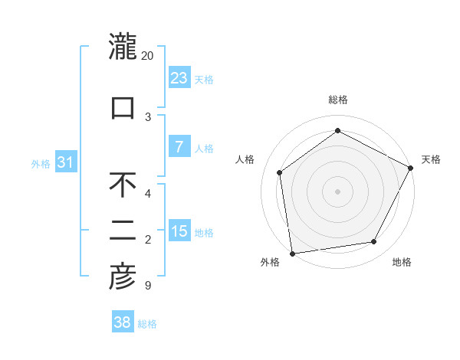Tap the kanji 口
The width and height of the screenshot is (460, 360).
123,107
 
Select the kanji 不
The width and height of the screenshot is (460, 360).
123,185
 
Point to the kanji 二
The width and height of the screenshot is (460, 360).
123,231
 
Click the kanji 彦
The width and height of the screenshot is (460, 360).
123,277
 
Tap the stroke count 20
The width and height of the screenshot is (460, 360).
148,56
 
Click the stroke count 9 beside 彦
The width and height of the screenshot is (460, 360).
147,286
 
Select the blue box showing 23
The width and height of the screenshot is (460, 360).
179,77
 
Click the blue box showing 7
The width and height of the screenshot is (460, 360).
179,147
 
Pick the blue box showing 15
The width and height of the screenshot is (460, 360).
179,231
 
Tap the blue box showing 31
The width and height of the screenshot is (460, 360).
66,162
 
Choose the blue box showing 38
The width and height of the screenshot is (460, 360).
123,322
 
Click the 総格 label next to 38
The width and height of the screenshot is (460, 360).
147,324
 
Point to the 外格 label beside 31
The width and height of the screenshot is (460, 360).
41,163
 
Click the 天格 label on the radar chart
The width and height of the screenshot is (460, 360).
431,159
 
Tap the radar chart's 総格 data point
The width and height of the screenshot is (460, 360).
337,131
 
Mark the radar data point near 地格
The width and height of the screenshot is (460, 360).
374,241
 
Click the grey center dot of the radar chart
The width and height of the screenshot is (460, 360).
337,191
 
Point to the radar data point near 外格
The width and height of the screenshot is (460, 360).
292,253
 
